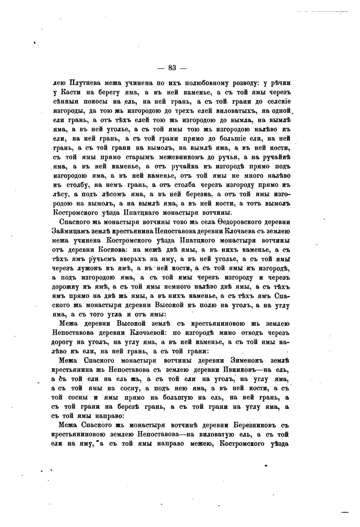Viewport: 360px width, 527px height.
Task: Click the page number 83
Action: click(x=172, y=68)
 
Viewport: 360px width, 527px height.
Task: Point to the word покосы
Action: click(x=95, y=102)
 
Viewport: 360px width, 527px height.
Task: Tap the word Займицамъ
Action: click(x=68, y=231)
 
